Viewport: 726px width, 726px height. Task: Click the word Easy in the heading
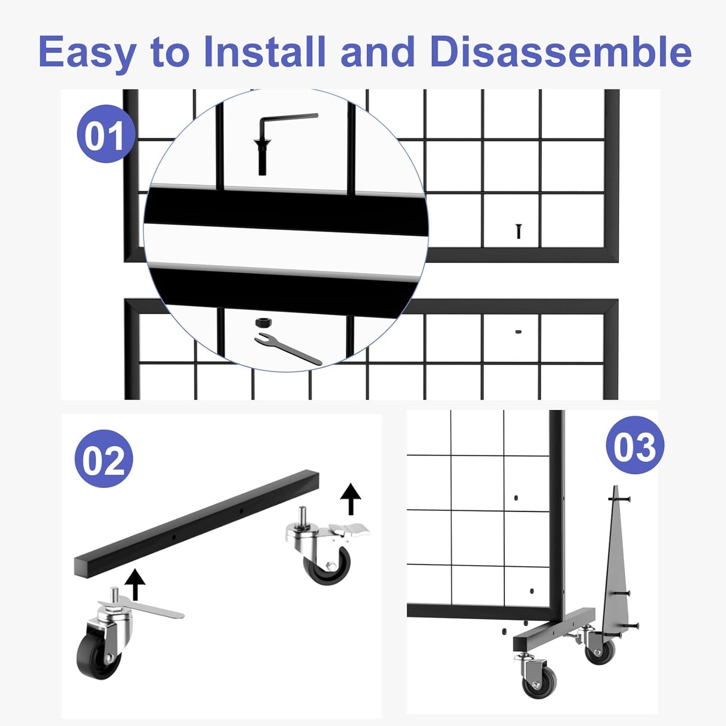[x=87, y=52]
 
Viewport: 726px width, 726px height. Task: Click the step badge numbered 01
[x=105, y=134]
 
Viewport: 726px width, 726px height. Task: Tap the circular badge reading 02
[x=103, y=459]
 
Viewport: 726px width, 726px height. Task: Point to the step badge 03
[x=635, y=446]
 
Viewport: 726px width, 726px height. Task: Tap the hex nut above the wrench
[x=263, y=322]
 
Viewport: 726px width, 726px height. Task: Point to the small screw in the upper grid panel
[x=518, y=231]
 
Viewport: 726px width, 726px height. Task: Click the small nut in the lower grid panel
[x=518, y=332]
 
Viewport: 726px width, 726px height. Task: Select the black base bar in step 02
[x=196, y=523]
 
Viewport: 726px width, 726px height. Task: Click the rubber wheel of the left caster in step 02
[x=98, y=656]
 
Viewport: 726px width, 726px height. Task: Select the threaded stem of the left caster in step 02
[x=115, y=594]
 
